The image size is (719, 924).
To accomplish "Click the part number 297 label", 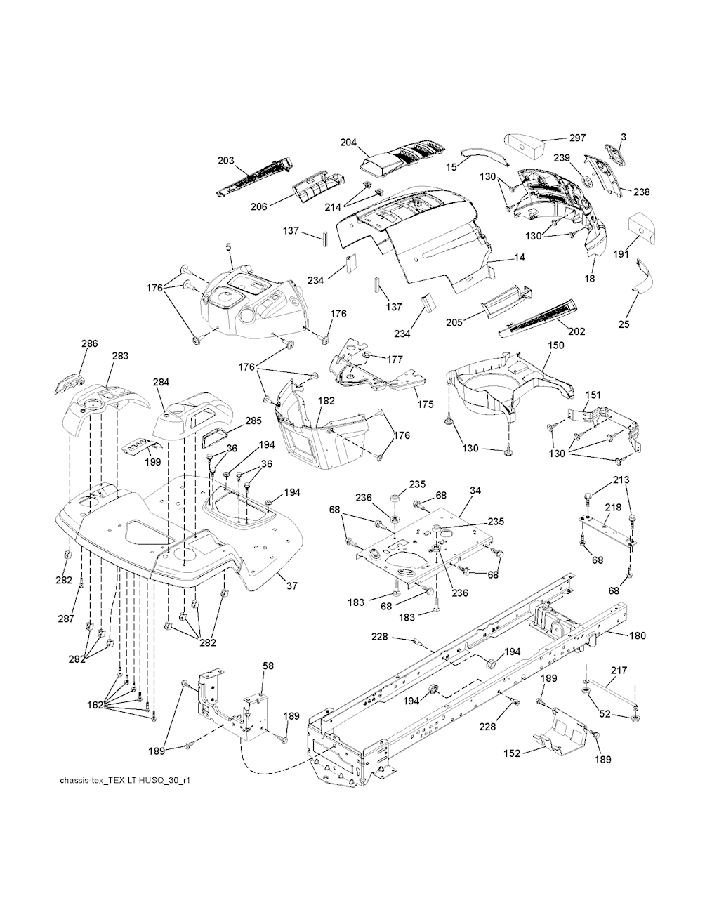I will pyautogui.click(x=577, y=138).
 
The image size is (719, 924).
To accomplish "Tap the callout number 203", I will pyautogui.click(x=226, y=161).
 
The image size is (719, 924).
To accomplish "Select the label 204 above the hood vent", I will pyautogui.click(x=349, y=143).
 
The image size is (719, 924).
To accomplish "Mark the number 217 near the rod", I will pyautogui.click(x=619, y=671).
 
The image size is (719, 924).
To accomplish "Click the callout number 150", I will pyautogui.click(x=556, y=346).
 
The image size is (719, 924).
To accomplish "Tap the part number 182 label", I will pyautogui.click(x=326, y=401).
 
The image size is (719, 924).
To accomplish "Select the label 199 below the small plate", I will pyautogui.click(x=152, y=462).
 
